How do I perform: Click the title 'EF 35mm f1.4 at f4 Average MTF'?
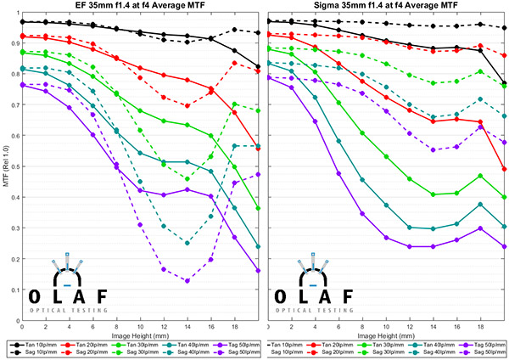140,8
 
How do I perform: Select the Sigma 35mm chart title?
385,8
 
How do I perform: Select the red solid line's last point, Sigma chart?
504,169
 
